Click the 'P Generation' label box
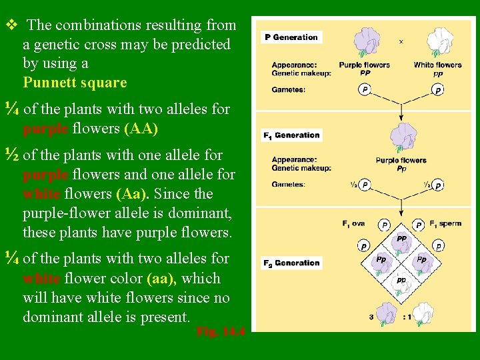(x=291, y=37)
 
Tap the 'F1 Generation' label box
(x=292, y=135)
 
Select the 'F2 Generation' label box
(x=292, y=263)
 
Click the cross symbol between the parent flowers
(x=401, y=41)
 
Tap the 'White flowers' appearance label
(x=437, y=65)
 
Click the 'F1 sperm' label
(x=445, y=223)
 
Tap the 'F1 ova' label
(x=354, y=224)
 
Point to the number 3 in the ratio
(x=371, y=317)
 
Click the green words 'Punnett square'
(x=75, y=83)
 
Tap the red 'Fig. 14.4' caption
(x=221, y=331)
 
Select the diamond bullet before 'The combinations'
(x=10, y=25)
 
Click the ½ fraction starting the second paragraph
(x=10, y=155)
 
